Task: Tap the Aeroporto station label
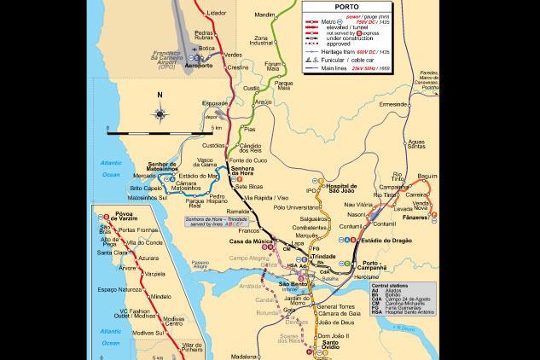pos(198,65)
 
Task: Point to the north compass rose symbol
pos(160,113)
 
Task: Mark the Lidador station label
pos(217,14)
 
